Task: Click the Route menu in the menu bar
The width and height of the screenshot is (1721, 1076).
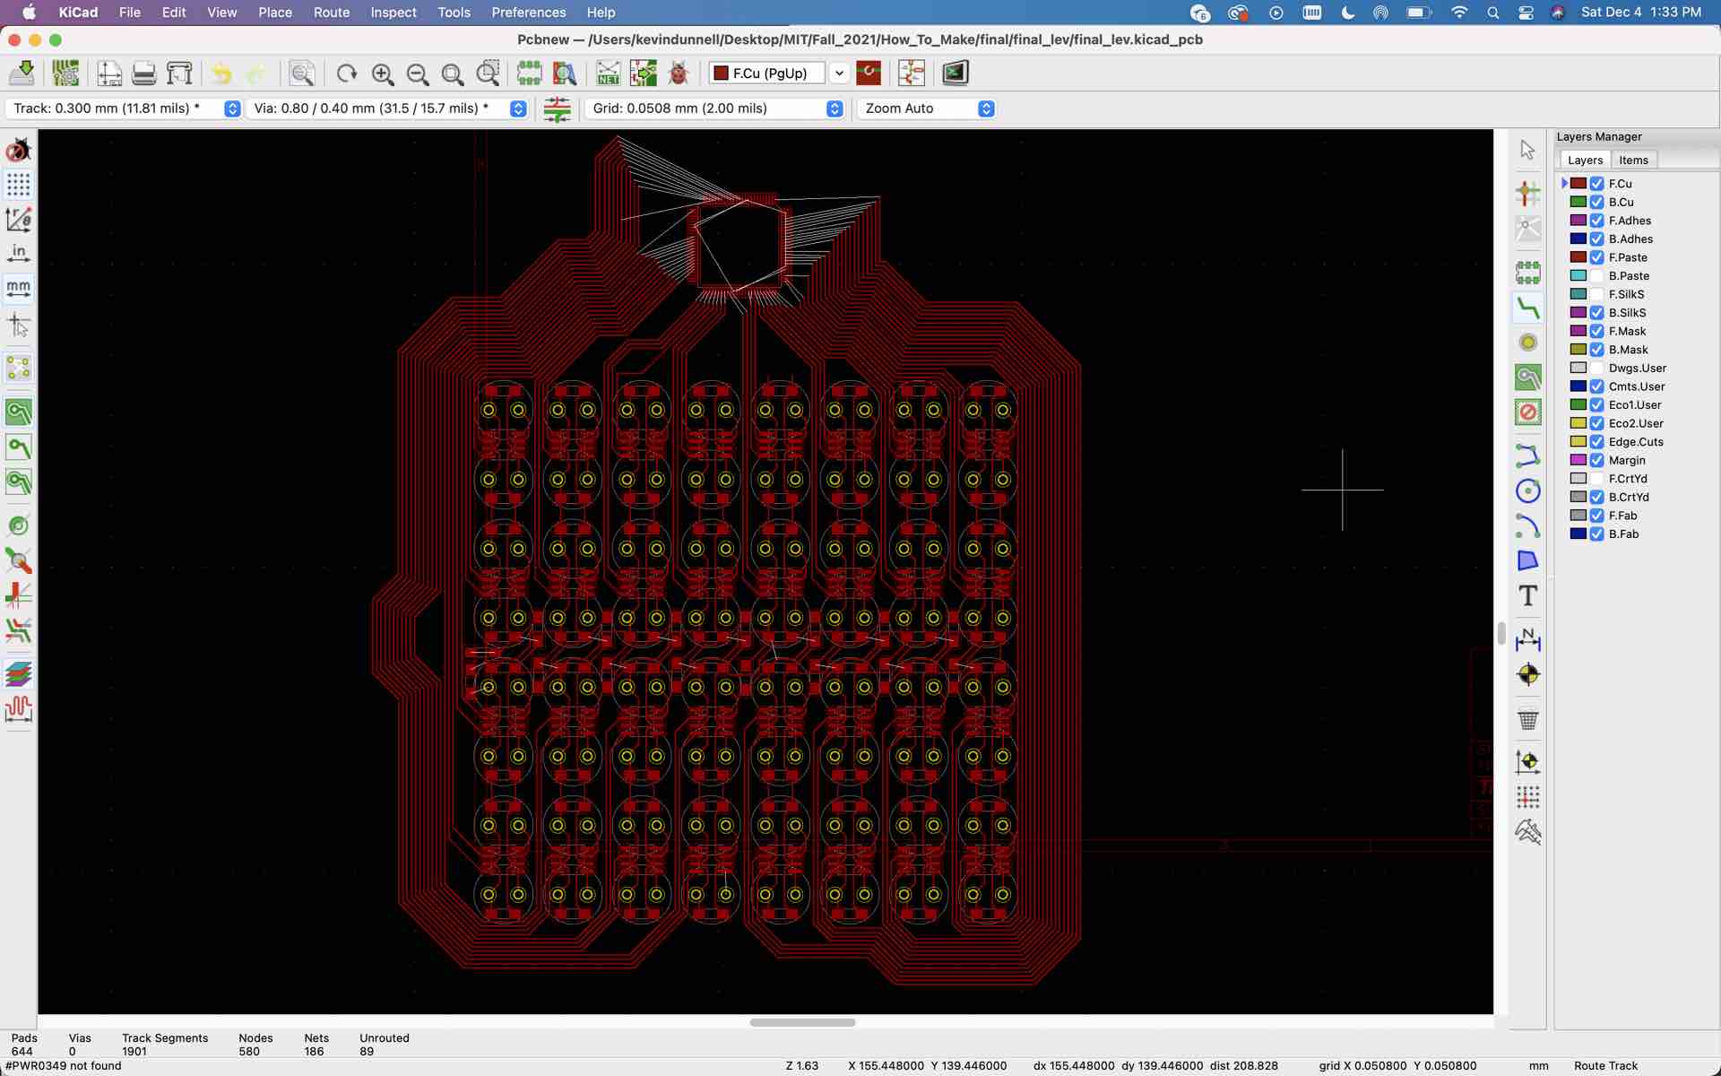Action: coord(331,13)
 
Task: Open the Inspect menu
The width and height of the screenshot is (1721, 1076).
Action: coord(393,13)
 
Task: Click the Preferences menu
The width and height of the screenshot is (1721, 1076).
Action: coord(528,13)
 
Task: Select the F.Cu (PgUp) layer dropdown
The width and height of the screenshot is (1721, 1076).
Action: coord(777,74)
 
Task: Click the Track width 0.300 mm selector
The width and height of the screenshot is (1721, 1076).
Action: coord(124,108)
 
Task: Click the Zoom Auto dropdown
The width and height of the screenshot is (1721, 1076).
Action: coord(927,108)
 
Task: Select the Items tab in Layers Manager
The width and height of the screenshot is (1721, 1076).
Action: coord(1633,161)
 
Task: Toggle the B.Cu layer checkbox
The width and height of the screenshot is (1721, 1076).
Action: coord(1596,203)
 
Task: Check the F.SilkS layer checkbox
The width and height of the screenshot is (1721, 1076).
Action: coord(1596,295)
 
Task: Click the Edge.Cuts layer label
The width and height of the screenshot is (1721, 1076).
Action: coord(1636,442)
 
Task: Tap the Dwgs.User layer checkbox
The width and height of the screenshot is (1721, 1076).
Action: coord(1596,369)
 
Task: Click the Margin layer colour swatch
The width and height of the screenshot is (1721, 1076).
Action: coord(1578,461)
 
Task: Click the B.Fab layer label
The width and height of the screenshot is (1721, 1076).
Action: coord(1623,534)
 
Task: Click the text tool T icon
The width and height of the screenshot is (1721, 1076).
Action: coord(1528,596)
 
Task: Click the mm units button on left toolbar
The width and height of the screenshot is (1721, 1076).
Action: coord(19,288)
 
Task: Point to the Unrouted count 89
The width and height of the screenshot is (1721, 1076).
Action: coord(367,1052)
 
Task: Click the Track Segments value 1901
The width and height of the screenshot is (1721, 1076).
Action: coord(134,1052)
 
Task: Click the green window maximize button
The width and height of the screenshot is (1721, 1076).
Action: coord(56,40)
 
